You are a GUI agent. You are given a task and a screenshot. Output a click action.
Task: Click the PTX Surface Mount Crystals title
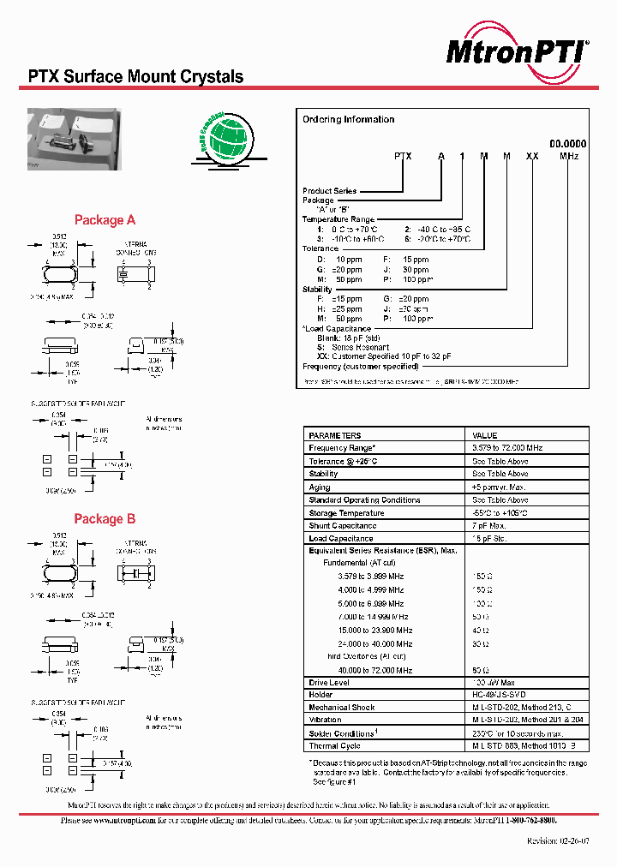tap(130, 77)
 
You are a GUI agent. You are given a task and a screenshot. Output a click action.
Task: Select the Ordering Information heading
tap(348, 119)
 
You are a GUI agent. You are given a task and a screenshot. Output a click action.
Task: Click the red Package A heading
tap(105, 220)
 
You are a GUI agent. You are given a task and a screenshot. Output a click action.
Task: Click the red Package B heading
tap(105, 519)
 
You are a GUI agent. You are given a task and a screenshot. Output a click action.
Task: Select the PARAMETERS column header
tap(335, 435)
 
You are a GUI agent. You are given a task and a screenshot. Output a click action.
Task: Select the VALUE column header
tap(485, 435)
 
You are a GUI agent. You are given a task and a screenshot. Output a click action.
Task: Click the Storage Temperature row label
tap(346, 513)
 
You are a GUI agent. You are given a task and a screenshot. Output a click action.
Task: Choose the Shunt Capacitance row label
tap(342, 526)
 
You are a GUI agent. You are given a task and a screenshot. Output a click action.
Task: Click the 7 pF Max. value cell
tap(490, 526)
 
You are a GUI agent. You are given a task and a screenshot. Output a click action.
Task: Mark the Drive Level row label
tap(328, 683)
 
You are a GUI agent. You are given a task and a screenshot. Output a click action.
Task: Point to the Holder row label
tap(321, 696)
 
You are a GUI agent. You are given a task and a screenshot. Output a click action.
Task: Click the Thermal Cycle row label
tap(334, 746)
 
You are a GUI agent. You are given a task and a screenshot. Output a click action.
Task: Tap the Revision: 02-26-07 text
tap(557, 841)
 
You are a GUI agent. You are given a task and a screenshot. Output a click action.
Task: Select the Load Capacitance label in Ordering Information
tap(338, 329)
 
